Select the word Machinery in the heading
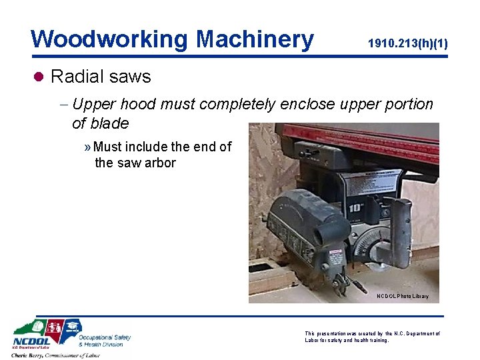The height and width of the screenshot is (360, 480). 255,39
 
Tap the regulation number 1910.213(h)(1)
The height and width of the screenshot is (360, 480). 407,44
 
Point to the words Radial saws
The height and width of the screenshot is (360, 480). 101,77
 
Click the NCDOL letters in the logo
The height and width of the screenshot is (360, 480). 29,345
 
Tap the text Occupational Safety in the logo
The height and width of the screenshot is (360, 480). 104,337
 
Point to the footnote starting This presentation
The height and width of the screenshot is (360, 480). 372,336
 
